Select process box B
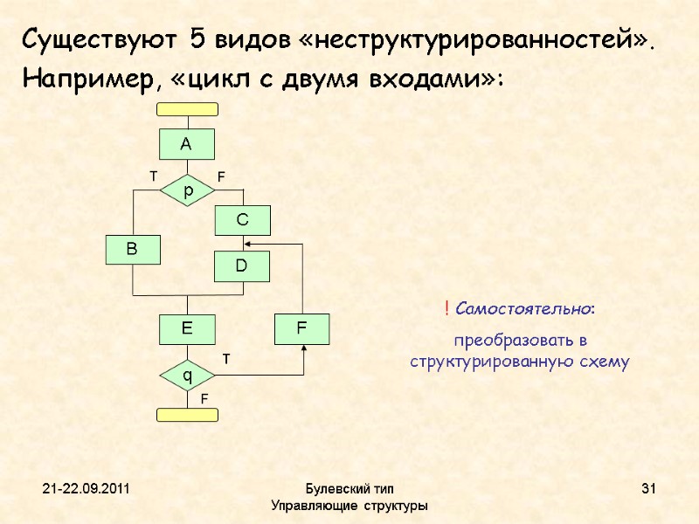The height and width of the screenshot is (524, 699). point(133,250)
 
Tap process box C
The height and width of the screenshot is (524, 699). point(243,221)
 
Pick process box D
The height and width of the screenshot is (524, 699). point(243,266)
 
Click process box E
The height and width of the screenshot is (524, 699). point(187,328)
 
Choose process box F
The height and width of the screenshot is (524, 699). point(302,328)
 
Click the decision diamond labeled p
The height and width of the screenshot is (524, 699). point(187,189)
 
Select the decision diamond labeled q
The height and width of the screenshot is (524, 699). point(187,376)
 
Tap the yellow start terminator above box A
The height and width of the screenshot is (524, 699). point(187,109)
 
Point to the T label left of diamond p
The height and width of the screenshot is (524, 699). point(153,176)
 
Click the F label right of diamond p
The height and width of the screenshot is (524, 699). point(221,176)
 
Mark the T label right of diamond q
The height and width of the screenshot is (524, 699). point(224,358)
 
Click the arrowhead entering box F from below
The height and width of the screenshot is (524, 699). point(303,348)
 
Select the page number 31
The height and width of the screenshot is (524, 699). point(648,487)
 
